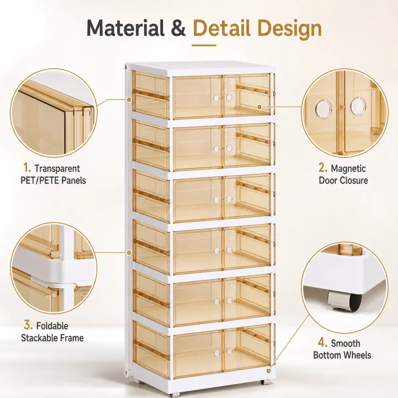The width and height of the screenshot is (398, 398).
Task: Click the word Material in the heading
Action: [125, 27]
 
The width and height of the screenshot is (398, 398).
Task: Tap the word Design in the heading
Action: [289, 29]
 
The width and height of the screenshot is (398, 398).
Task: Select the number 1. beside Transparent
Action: [27, 168]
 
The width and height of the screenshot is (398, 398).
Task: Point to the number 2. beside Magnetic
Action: [323, 168]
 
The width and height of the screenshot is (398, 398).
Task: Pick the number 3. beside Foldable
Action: [28, 325]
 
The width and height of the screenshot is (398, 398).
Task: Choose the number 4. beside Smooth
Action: [323, 343]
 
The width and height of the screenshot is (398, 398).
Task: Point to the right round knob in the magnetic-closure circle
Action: [359, 106]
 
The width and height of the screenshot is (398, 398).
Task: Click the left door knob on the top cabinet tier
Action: [217, 98]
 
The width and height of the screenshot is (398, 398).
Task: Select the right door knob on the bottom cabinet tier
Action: [230, 351]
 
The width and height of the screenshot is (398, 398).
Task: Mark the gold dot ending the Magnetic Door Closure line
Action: [259, 107]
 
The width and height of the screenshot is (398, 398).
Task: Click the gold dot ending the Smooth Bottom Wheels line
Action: [268, 371]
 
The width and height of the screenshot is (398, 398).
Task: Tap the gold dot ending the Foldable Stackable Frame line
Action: [129, 252]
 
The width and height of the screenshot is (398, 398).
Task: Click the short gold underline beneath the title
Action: [204, 46]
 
